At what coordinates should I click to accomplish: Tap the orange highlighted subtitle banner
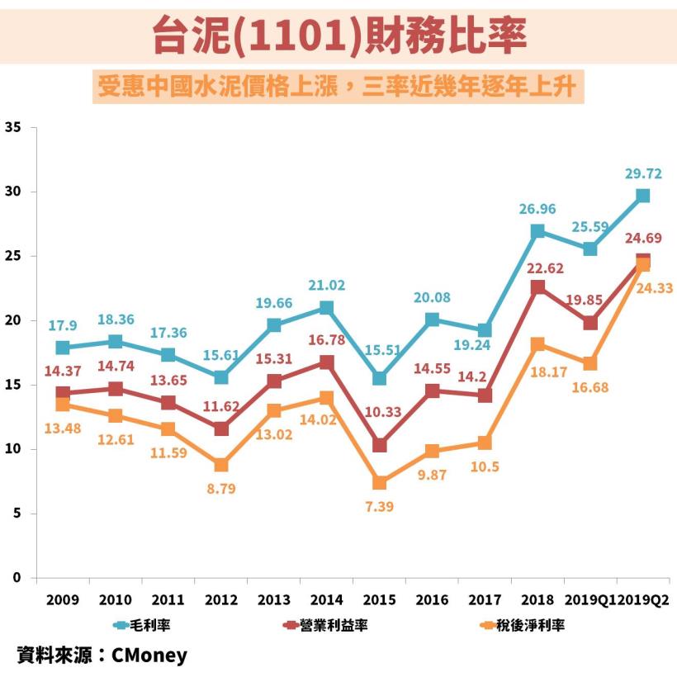click(x=339, y=87)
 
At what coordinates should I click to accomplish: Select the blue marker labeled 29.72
click(x=642, y=196)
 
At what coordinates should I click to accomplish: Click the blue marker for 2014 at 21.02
click(x=326, y=308)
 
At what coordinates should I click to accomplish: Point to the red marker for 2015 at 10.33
click(x=379, y=445)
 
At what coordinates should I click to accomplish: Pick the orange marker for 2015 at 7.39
click(x=379, y=483)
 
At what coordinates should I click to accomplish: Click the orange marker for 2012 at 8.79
click(x=221, y=465)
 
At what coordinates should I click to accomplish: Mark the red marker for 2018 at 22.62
click(x=537, y=287)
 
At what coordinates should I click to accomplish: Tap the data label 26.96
click(x=537, y=209)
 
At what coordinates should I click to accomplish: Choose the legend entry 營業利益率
click(x=325, y=625)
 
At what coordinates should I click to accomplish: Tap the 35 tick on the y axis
click(x=12, y=127)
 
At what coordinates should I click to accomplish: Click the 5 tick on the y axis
click(x=16, y=514)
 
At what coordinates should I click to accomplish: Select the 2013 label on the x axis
click(x=273, y=599)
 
